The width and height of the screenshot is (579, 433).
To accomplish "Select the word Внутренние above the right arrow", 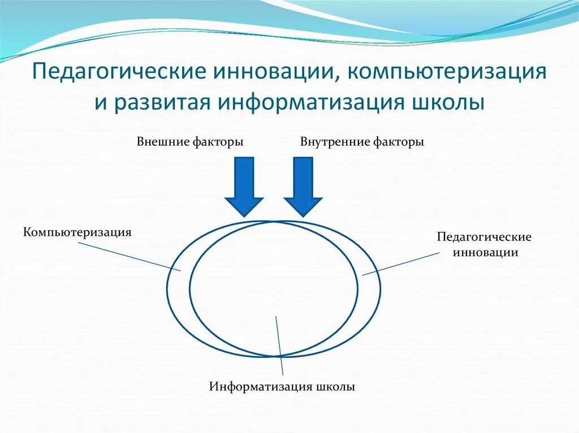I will (334, 142).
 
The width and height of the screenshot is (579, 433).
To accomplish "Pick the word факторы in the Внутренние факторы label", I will (398, 142).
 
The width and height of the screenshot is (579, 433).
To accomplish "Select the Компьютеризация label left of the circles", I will (77, 232).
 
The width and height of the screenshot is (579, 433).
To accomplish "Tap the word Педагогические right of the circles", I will (484, 237).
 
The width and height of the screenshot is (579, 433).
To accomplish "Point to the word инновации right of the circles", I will (485, 252).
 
